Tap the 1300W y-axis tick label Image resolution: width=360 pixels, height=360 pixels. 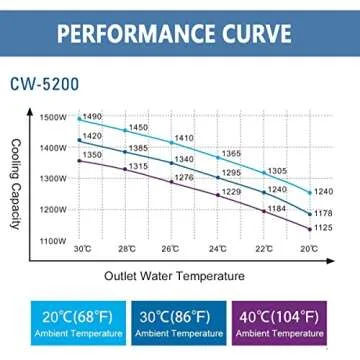[x=54, y=179]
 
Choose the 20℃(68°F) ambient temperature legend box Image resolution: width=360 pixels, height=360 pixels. [x=68, y=323]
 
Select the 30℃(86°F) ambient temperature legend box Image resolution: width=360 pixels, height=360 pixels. [x=179, y=323]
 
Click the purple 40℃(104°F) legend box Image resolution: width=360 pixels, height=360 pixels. [x=292, y=323]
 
